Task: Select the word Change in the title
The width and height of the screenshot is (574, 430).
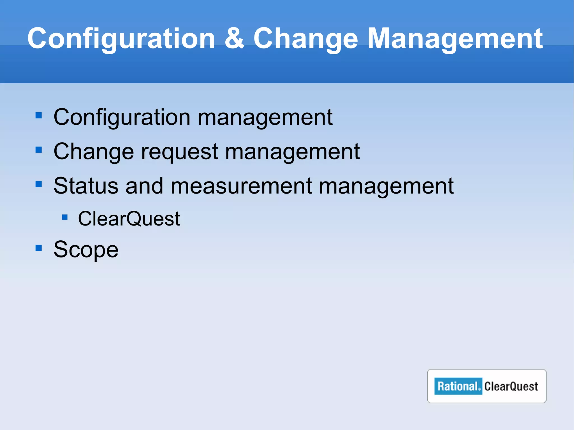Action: [305, 39]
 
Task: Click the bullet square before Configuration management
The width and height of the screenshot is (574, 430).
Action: [39, 115]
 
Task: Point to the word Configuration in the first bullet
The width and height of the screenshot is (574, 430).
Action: [122, 117]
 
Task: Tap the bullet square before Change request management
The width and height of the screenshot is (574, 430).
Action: [39, 150]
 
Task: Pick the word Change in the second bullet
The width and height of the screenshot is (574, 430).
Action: [94, 152]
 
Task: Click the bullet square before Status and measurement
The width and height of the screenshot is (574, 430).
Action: [39, 184]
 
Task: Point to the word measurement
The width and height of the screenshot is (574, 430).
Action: [241, 186]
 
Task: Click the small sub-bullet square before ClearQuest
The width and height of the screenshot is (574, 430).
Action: [65, 217]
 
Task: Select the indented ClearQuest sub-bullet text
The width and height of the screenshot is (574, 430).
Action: [129, 219]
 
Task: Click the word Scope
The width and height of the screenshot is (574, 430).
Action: [86, 249]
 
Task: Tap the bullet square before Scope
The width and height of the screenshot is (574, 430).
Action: [39, 248]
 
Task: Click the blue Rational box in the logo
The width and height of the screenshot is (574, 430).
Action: [458, 386]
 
